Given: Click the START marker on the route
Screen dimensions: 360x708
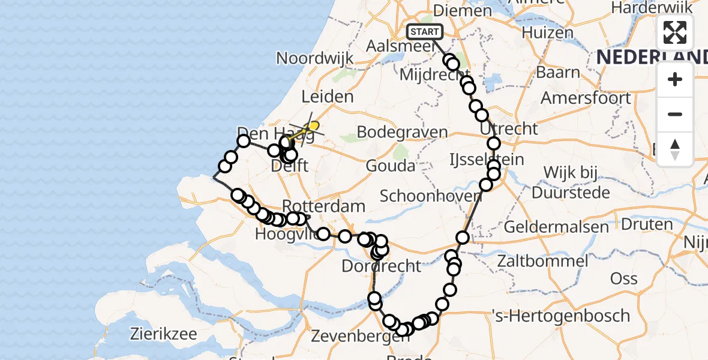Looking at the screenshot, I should tap(425, 32).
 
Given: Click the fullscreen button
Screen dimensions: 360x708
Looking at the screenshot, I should tap(675, 32).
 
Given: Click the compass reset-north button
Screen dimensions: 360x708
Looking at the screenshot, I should tap(675, 149).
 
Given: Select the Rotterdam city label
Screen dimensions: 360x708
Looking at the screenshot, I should tap(323, 206).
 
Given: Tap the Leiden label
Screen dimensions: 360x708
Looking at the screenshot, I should tap(327, 97).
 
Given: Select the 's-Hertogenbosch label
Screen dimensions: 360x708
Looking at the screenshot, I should tap(560, 316).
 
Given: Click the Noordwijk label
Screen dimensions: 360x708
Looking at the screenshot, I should tap(314, 58).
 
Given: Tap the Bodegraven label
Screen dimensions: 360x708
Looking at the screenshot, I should tap(402, 132).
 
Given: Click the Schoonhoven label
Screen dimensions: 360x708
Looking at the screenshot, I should tap(430, 196).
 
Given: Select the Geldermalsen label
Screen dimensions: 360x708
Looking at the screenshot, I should tap(556, 227).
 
